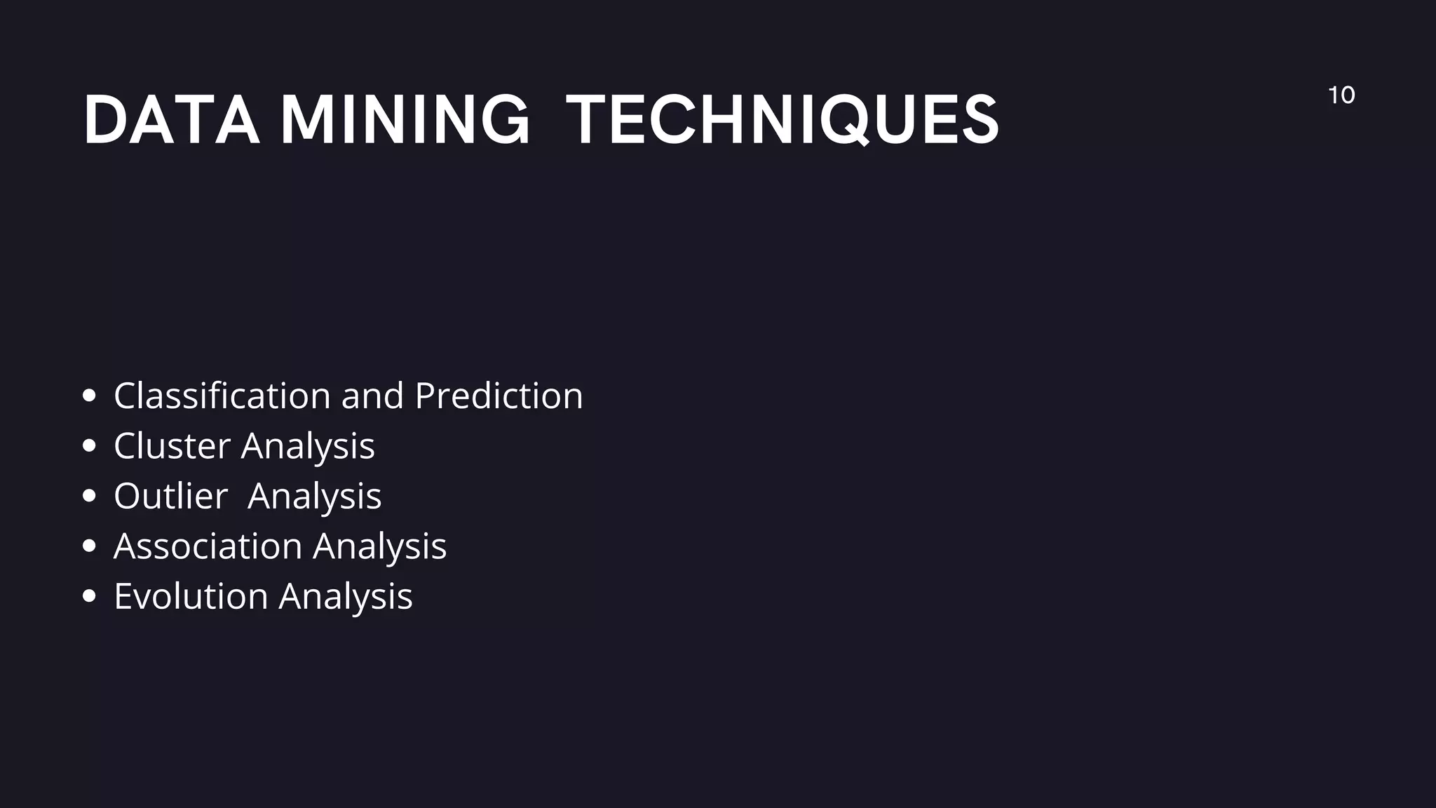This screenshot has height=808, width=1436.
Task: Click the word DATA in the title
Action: pos(171,121)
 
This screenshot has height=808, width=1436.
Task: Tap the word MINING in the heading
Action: pos(405,121)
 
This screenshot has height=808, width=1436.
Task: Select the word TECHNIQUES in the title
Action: pos(782,121)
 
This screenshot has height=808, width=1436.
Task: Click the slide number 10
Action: pos(1341,95)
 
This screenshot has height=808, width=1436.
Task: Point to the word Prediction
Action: pos(499,396)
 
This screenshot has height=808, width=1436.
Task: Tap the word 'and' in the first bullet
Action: pos(372,396)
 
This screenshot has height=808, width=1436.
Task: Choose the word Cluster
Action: pos(172,446)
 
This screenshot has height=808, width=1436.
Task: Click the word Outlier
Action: pos(170,496)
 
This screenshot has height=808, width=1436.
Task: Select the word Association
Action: pos(208,546)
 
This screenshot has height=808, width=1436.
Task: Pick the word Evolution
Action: pos(191,596)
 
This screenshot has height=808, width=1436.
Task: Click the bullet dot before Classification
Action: pos(88,396)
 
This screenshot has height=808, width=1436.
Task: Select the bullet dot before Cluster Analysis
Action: pos(88,446)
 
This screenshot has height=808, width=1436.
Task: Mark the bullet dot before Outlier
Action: pos(88,496)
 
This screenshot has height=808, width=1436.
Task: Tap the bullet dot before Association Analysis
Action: pos(88,546)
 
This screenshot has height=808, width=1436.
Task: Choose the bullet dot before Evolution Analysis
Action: pos(88,596)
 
